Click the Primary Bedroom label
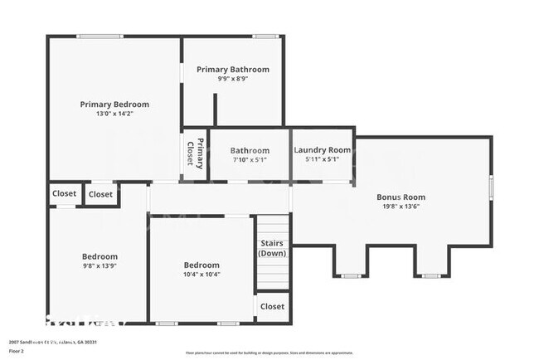coord(114,104)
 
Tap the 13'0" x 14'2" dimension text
coord(114,114)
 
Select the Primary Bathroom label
coord(233,69)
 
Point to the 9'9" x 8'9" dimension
coord(233,79)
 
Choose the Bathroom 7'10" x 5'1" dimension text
coord(250,160)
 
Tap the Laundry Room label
coord(323,150)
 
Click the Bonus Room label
coord(401,197)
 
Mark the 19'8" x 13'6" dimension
coord(401,207)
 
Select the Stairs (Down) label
coord(272,248)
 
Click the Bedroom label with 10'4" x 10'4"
coord(202,264)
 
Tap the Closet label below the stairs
coord(272,306)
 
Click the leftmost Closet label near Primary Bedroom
coord(64,193)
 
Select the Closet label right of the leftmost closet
coord(100,194)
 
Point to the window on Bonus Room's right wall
coord(491,187)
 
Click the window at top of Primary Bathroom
coord(266,36)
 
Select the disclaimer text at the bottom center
coord(269,340)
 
